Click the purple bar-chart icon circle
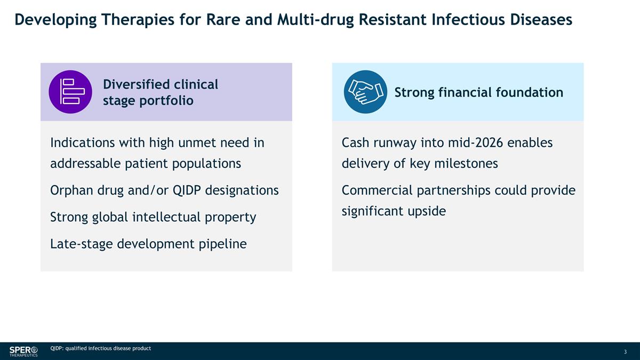(70, 92)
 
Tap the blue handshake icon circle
(365, 92)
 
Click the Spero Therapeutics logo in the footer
(23, 351)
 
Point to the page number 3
(625, 351)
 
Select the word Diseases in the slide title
(541, 19)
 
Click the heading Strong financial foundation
(479, 92)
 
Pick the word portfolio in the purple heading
(166, 101)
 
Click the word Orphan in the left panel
(71, 190)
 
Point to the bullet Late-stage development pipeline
(148, 244)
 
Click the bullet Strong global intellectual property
(153, 217)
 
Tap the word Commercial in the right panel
(377, 190)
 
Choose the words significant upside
(394, 211)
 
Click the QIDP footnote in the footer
(101, 348)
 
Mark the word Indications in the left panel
(82, 142)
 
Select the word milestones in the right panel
(466, 164)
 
